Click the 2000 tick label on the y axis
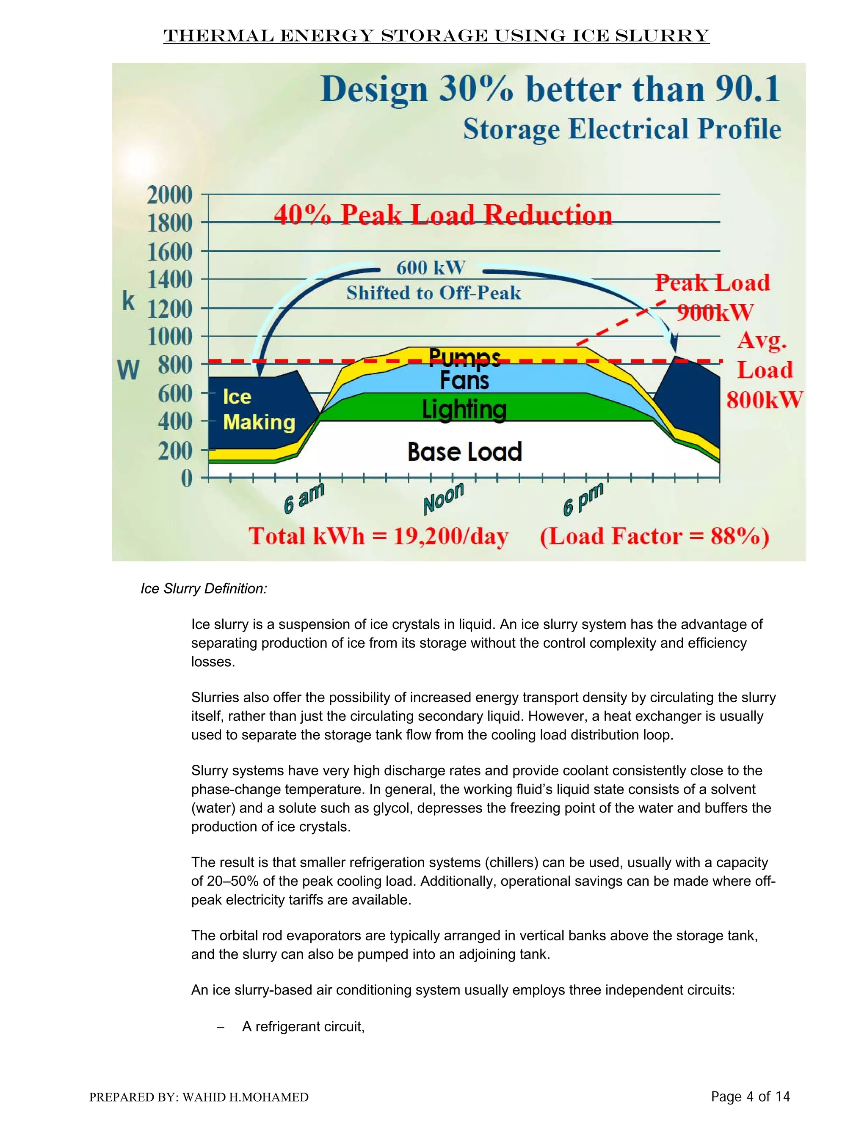point(169,195)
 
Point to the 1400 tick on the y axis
point(169,280)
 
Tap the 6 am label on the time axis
point(304,498)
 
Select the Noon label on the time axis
point(443,498)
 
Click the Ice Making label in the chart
point(258,409)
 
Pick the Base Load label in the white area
point(464,452)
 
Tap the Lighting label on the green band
point(464,409)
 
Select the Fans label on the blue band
point(464,380)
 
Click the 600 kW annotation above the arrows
point(431,268)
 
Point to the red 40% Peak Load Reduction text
point(443,214)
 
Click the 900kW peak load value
point(715,312)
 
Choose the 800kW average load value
point(764,400)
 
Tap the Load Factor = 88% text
point(654,536)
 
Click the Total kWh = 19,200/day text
point(378,536)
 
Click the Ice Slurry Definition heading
point(204,588)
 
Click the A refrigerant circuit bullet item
point(303,1026)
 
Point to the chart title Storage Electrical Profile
point(621,129)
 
